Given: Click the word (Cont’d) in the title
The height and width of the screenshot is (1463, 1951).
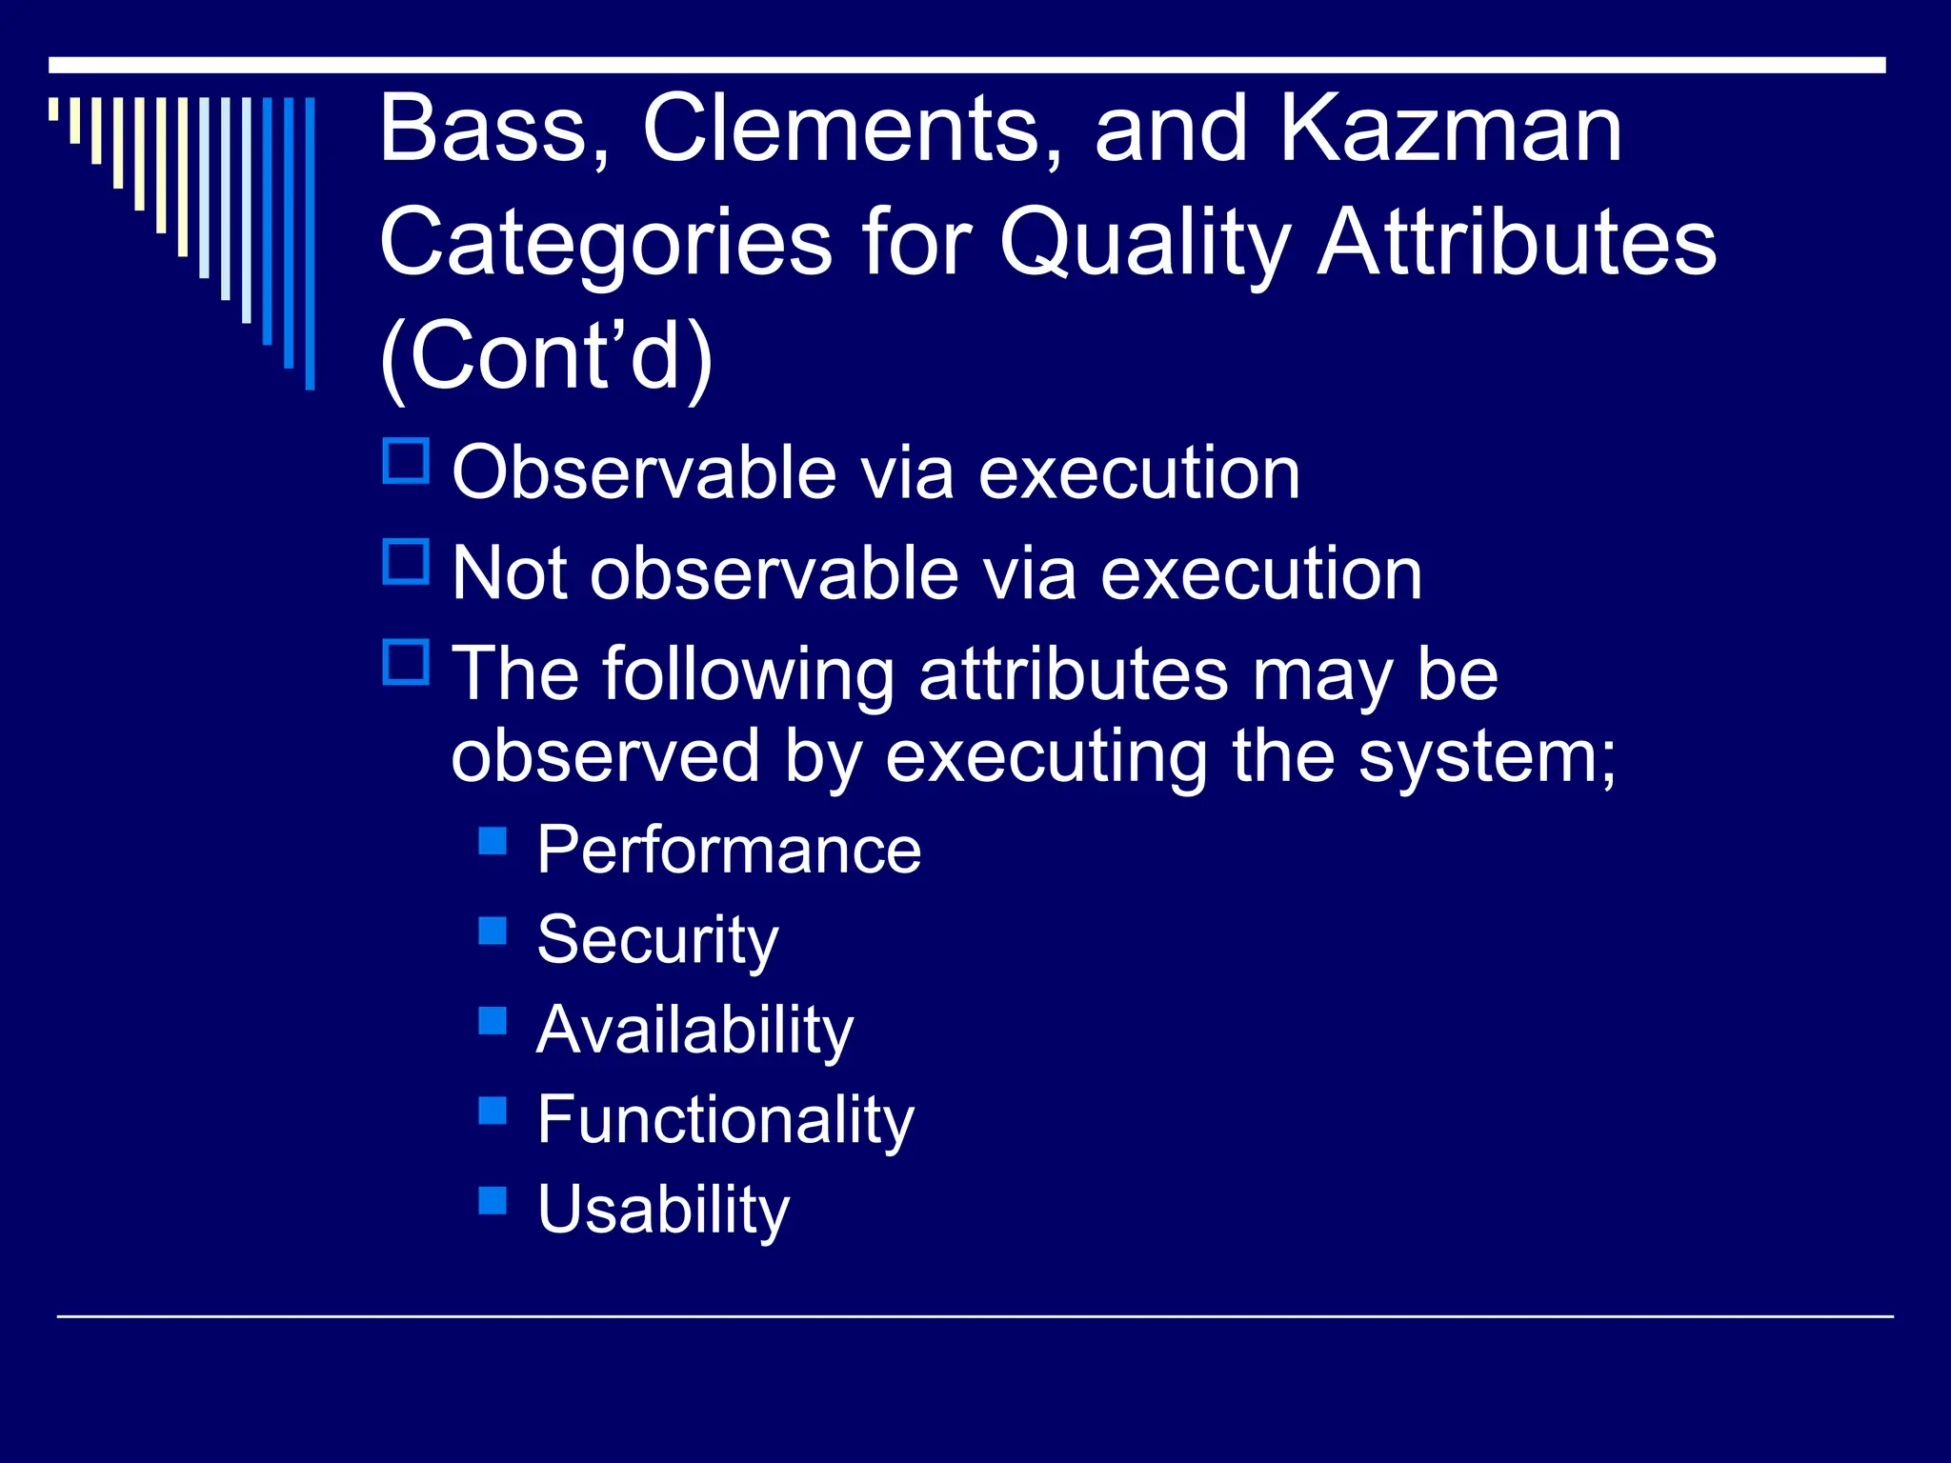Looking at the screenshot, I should click(x=546, y=356).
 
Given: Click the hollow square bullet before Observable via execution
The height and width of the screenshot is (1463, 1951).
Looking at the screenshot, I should click(x=406, y=461).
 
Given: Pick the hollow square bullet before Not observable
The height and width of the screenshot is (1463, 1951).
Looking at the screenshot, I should click(x=406, y=562).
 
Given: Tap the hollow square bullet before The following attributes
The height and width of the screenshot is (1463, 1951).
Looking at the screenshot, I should click(x=406, y=663).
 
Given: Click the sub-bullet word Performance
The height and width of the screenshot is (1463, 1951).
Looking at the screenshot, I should click(x=729, y=850).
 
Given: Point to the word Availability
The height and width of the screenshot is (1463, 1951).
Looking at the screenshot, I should click(x=694, y=1031).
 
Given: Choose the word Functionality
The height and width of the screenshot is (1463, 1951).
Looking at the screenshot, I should click(x=725, y=1120).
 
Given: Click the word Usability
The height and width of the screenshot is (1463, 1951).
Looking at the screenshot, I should click(x=663, y=1210).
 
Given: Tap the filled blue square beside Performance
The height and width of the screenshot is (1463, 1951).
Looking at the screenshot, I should click(x=493, y=840).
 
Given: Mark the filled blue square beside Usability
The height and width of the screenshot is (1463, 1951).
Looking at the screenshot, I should click(x=493, y=1200).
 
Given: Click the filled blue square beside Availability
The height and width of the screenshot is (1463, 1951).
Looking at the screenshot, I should click(x=493, y=1020).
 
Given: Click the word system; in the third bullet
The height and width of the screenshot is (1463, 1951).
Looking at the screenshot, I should click(x=1486, y=758).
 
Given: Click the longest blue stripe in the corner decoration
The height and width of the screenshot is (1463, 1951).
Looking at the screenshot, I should click(x=310, y=243).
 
